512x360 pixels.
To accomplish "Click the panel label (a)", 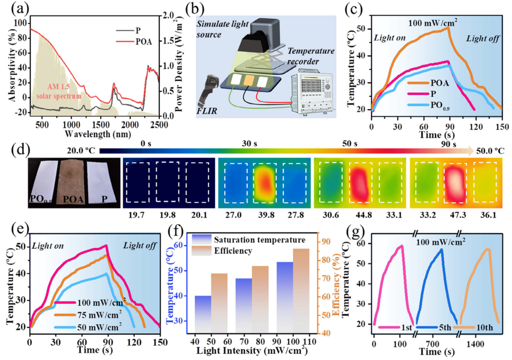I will (14, 8).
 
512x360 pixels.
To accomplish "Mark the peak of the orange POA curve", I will (448, 27).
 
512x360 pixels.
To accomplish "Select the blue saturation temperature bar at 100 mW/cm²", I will (284, 297).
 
